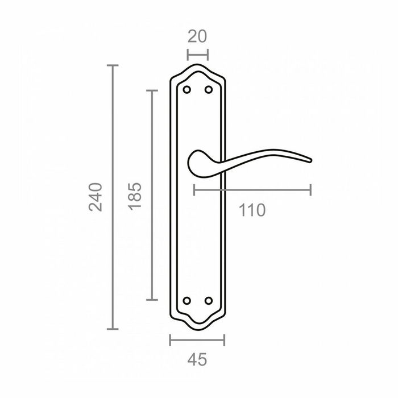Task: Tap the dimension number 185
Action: click(x=135, y=197)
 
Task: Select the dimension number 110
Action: click(x=252, y=210)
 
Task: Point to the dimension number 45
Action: click(x=197, y=359)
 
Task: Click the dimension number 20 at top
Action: click(x=197, y=36)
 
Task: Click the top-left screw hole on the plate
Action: click(x=187, y=90)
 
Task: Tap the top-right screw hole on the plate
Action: click(x=208, y=90)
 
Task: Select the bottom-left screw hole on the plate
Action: click(x=187, y=300)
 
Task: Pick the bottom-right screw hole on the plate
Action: click(x=208, y=300)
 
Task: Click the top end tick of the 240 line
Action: click(x=113, y=66)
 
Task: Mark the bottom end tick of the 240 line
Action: click(x=113, y=329)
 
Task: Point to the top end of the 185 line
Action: click(x=151, y=90)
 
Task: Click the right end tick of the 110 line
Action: click(x=310, y=190)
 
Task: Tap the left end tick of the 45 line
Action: click(x=171, y=340)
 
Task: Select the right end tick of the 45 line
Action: click(x=225, y=340)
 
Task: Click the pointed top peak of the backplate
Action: click(x=197, y=65)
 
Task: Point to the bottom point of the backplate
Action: click(x=197, y=329)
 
